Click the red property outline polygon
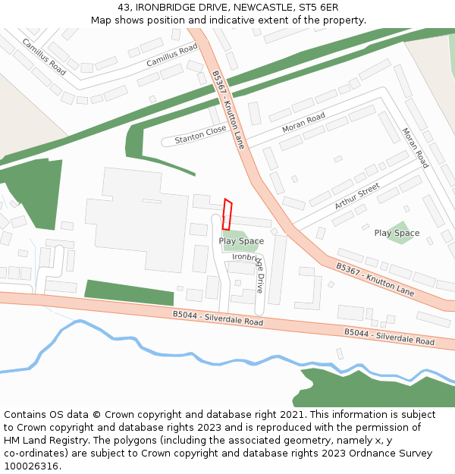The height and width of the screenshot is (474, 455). [x=227, y=215]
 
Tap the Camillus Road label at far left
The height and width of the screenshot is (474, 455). [x=44, y=55]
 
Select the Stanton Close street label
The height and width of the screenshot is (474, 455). [x=200, y=135]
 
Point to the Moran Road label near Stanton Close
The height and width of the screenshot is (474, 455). [x=303, y=122]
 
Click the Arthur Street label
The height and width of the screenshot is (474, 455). [x=356, y=196]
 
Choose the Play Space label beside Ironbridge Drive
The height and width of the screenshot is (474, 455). [x=241, y=241]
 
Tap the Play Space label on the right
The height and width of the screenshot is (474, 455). [x=397, y=233]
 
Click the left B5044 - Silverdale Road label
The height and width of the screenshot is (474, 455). [x=218, y=318]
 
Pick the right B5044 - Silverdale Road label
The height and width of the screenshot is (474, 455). [x=389, y=337]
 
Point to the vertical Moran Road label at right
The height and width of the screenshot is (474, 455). [x=416, y=148]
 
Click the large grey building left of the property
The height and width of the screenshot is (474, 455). [x=136, y=220]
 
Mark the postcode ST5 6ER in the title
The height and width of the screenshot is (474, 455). [x=319, y=7]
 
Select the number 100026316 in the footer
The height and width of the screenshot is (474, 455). [x=32, y=466]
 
